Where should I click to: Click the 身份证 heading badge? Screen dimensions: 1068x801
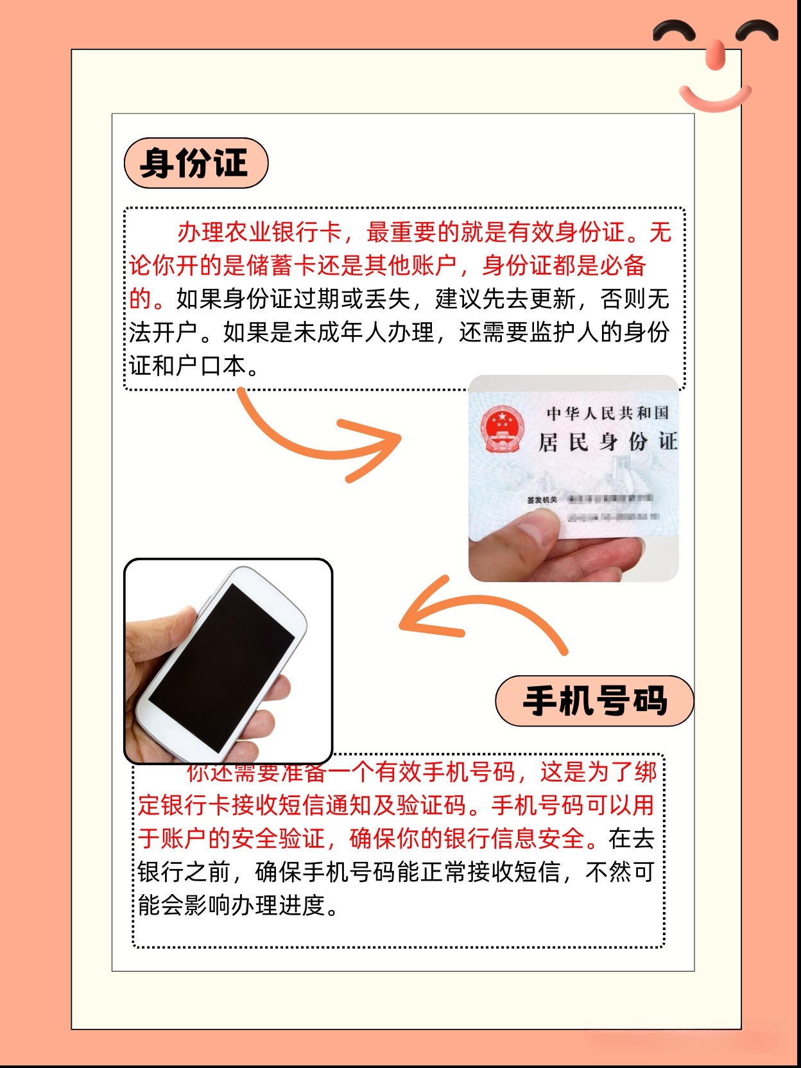195,163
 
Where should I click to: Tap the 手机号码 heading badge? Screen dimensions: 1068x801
594,701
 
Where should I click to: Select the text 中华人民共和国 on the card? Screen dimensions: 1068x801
607,413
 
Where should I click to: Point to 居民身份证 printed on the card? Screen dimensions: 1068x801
607,442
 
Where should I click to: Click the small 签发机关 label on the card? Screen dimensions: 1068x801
542,500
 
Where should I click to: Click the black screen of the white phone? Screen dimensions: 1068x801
221,667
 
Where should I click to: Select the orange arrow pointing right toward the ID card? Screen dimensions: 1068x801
321,436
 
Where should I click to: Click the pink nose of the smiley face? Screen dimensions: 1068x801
715,54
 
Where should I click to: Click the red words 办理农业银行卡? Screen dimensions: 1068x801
259,232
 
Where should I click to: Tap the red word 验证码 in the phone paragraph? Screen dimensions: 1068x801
433,805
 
